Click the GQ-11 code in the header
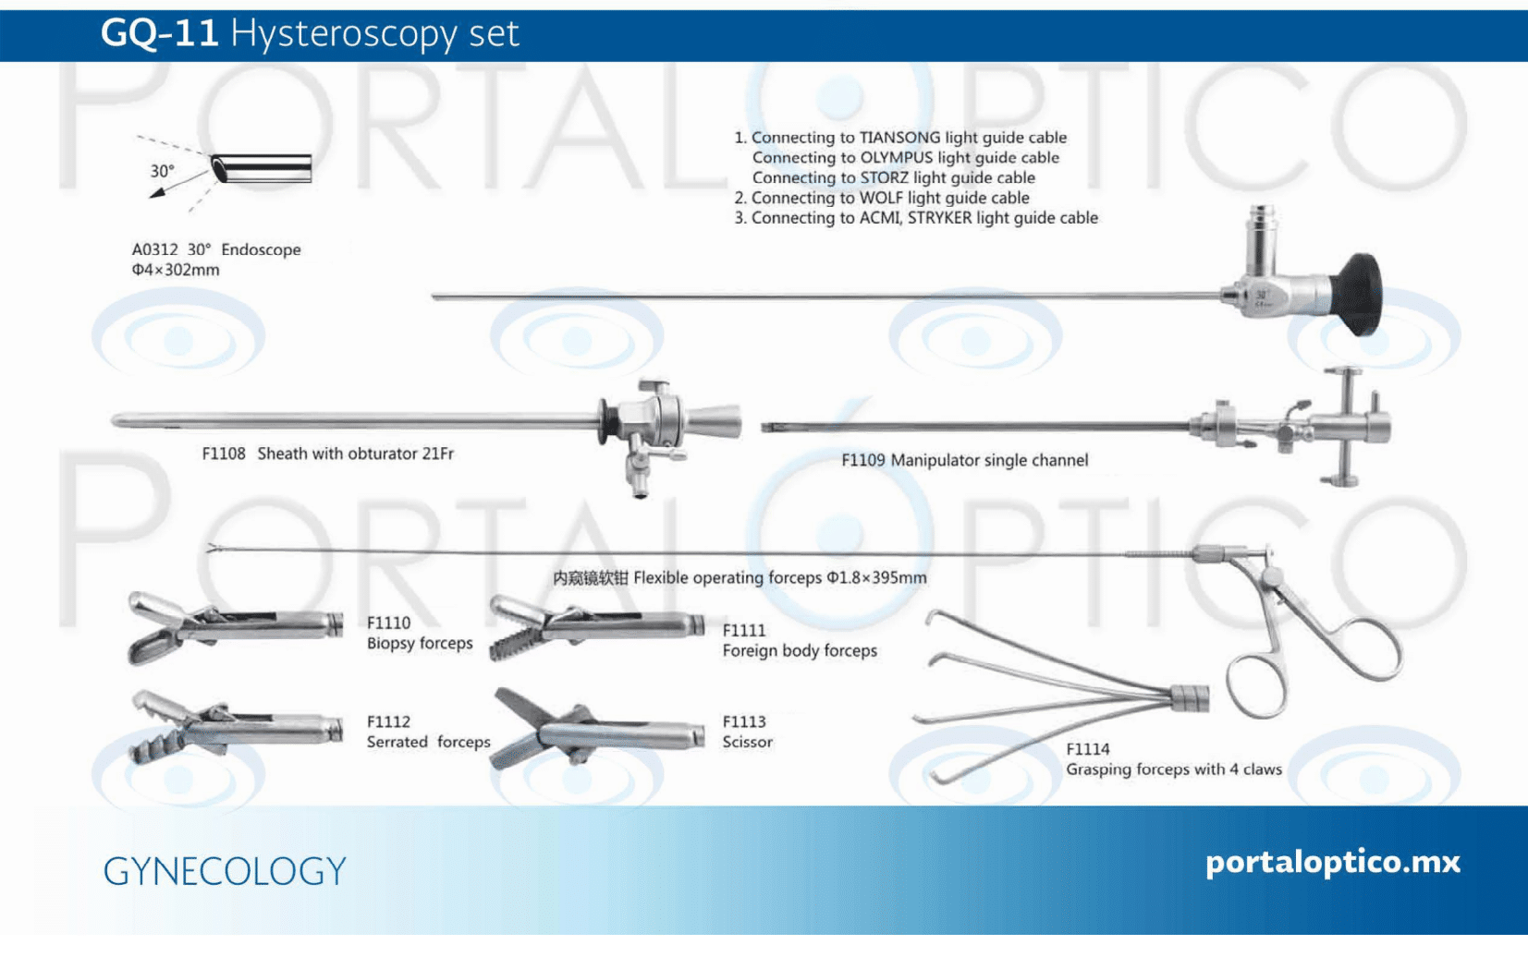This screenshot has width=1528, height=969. click(159, 33)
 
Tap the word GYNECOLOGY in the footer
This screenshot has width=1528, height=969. click(225, 871)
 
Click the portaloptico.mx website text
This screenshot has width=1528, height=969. click(1333, 862)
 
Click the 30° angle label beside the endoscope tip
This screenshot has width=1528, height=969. click(163, 171)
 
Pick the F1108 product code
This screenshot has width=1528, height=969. click(224, 454)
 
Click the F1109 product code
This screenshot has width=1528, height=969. click(863, 460)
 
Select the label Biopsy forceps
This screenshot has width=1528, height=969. click(420, 643)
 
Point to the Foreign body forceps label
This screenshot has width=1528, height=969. click(800, 650)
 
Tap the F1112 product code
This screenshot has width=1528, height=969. click(388, 721)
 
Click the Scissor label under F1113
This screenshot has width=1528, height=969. click(747, 742)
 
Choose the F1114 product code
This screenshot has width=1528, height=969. click(1088, 749)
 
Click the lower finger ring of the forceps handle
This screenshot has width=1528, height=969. click(1256, 685)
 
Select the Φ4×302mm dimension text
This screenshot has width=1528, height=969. click(176, 270)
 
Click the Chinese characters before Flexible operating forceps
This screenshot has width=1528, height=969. click(590, 578)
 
